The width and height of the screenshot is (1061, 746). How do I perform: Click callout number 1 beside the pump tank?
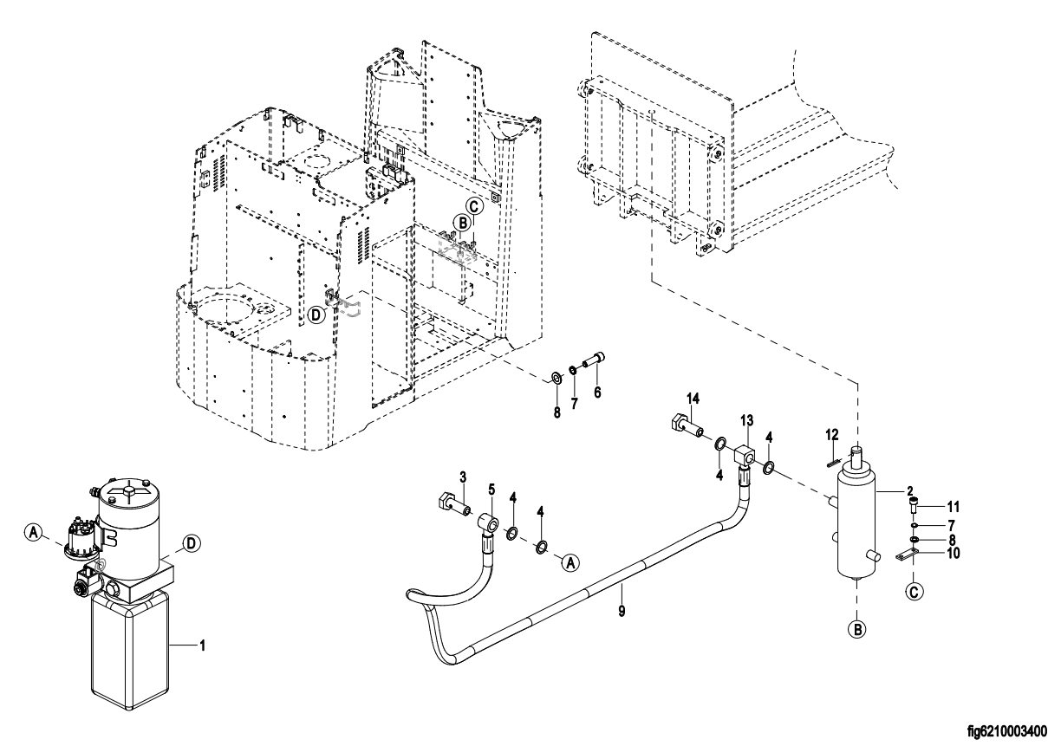(x=203, y=645)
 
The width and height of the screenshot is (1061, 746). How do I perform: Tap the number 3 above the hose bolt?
(x=463, y=477)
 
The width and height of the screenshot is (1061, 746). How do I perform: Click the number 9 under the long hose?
(x=622, y=611)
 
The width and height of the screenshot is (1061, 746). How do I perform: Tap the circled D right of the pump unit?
(x=192, y=543)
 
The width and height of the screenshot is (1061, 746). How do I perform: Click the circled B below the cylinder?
(x=856, y=628)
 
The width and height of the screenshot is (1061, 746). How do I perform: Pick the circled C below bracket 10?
(x=914, y=592)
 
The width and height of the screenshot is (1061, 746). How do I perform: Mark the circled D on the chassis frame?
(x=317, y=315)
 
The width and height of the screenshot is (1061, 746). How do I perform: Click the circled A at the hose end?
(x=570, y=563)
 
